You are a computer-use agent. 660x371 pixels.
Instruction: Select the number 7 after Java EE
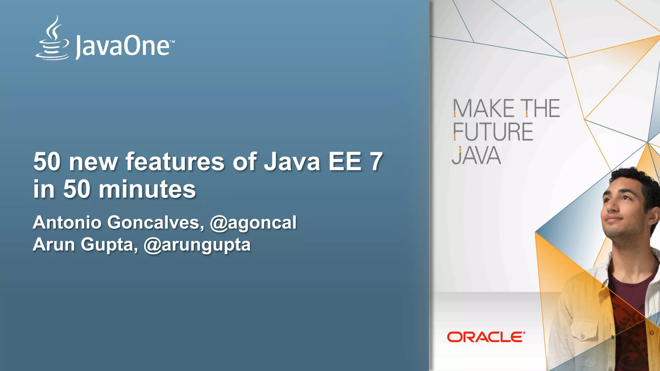(376, 161)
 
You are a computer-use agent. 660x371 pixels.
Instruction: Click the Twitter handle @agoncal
(253, 223)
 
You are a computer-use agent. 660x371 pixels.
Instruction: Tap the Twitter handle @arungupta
(197, 245)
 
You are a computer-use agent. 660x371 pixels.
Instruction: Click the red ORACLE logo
(486, 337)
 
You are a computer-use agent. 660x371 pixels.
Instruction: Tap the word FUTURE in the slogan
(493, 132)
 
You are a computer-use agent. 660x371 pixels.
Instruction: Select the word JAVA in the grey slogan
(476, 156)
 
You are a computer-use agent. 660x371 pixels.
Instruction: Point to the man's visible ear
(654, 216)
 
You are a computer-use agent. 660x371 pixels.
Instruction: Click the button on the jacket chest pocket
(582, 336)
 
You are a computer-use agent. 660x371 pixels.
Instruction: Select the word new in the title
(93, 161)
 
